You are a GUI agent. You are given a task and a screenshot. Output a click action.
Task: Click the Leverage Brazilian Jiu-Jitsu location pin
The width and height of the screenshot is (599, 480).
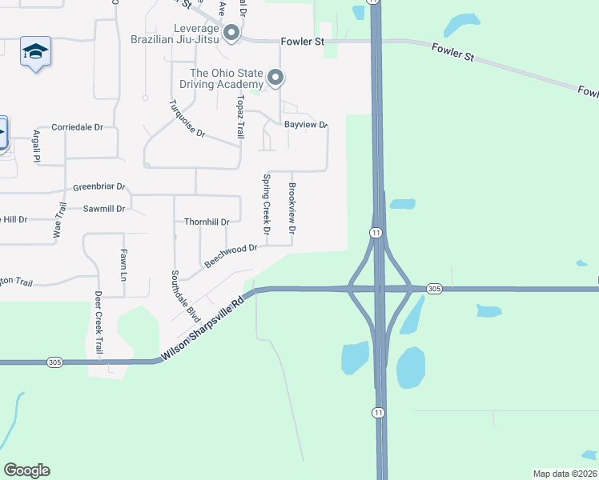coord(231,33)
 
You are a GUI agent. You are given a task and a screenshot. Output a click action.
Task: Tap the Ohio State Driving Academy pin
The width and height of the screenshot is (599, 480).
coord(275,78)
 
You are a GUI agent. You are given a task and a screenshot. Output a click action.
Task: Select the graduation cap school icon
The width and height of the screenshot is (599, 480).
coord(35,51)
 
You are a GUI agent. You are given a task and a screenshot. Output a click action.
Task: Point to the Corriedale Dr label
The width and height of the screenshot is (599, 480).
coord(78,127)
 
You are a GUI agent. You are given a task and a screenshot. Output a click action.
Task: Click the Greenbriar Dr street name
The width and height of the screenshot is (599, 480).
coord(99,187)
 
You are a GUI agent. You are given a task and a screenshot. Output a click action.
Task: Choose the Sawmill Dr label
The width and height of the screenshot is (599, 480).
coord(104,209)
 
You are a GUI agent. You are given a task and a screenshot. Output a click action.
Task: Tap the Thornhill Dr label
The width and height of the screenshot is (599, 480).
coord(207,222)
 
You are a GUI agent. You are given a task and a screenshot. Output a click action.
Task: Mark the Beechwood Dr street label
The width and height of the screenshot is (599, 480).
coord(231,255)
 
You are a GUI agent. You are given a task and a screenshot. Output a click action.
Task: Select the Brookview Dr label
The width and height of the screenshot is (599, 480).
coord(292,208)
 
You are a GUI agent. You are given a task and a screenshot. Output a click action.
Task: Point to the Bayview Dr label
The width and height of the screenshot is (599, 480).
coord(307,125)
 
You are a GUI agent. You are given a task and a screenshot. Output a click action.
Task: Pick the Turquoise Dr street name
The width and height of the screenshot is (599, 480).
coord(187,118)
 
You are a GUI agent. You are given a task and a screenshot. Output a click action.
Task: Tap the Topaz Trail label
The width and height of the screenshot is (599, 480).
coord(239,116)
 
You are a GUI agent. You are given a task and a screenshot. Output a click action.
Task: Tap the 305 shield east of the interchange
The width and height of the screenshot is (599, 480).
coord(434,288)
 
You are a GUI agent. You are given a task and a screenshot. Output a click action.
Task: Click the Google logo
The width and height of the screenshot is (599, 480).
coord(26,470)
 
